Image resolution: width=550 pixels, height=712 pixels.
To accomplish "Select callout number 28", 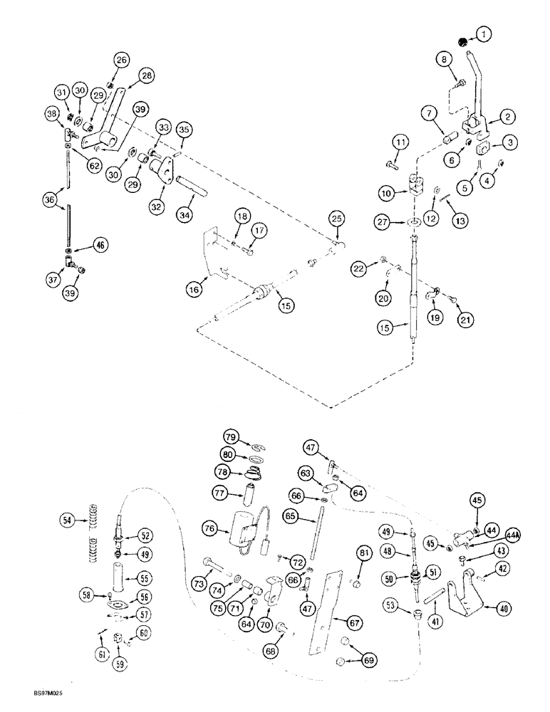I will coord(147,75).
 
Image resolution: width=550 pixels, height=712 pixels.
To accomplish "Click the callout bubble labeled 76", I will coord(209,528).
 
